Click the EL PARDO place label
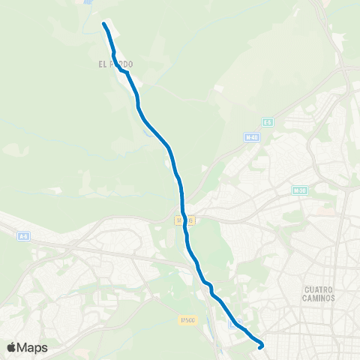115,64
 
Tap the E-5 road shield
268,121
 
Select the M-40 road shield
251,137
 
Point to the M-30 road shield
301,190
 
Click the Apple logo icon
13,347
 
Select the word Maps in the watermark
32,347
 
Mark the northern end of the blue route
104,25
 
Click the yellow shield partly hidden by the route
184,220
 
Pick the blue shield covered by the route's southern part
235,322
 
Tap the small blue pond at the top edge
89,2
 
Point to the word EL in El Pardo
102,64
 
